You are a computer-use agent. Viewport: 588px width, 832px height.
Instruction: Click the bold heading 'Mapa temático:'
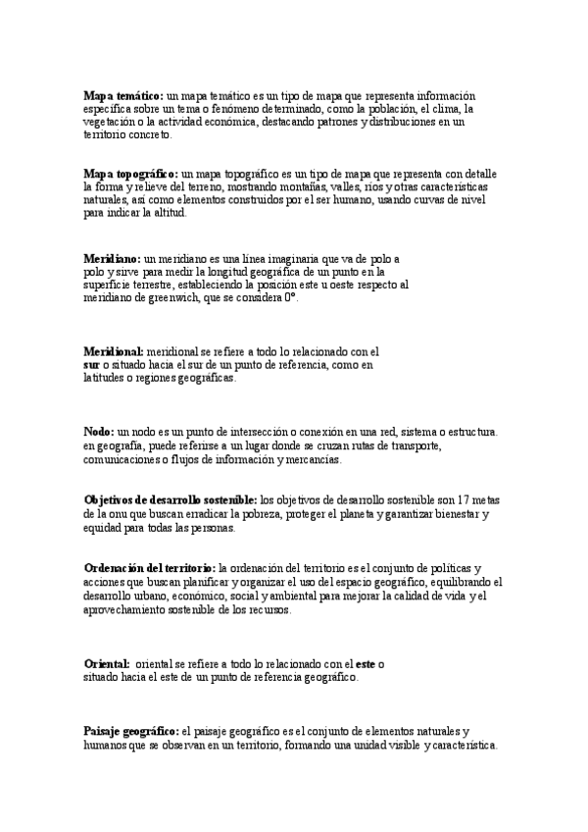click(123, 96)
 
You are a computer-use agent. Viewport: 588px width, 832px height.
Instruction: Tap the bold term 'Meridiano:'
click(112, 259)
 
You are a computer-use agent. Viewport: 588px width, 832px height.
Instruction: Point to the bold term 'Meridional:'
click(114, 351)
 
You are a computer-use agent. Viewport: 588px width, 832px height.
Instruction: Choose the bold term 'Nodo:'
click(99, 432)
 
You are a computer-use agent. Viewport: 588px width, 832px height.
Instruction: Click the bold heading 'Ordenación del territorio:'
click(150, 568)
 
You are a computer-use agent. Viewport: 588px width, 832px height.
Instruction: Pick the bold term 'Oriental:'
click(107, 664)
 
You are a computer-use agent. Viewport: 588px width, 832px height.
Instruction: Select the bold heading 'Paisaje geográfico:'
click(131, 732)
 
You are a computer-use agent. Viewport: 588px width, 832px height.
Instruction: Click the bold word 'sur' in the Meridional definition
click(92, 365)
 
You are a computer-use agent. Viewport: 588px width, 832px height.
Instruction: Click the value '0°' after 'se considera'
click(290, 298)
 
